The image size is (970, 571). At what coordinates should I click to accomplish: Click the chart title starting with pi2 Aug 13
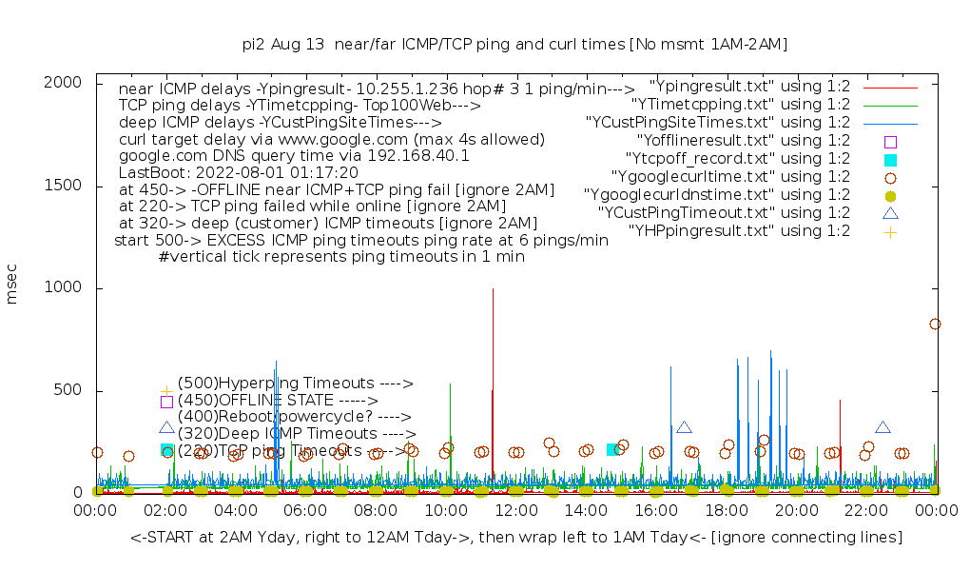[x=515, y=44]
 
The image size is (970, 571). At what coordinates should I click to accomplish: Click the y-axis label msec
[x=12, y=287]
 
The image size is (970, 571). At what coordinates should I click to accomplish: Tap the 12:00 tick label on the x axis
[x=515, y=511]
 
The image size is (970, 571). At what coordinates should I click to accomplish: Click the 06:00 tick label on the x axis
[x=305, y=511]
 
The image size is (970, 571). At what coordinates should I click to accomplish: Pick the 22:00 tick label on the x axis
[x=865, y=511]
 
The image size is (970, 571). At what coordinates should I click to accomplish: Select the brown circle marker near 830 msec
[x=935, y=324]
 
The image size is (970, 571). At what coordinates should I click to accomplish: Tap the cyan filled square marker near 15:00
[x=613, y=449]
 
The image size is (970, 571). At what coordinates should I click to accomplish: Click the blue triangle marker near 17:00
[x=684, y=428]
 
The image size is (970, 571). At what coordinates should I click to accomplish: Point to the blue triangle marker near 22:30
[x=883, y=428]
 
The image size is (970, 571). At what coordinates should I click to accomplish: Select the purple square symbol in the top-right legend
[x=890, y=141]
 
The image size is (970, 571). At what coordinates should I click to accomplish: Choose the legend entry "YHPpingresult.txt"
[x=739, y=230]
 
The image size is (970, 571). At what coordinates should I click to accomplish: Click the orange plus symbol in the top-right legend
[x=890, y=231]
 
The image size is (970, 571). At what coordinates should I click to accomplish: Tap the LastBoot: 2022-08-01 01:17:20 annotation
[x=238, y=172]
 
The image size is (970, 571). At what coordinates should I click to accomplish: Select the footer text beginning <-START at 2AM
[x=515, y=538]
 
